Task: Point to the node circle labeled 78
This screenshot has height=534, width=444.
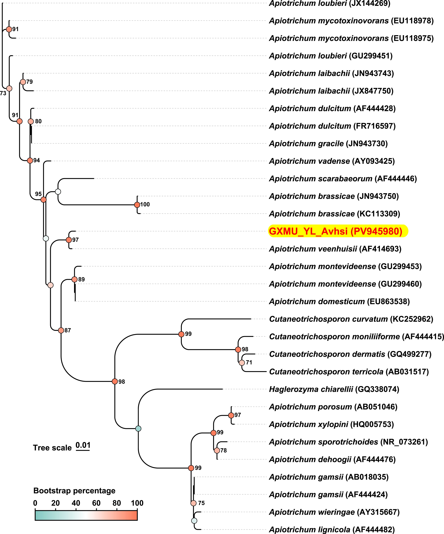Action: pos(217,450)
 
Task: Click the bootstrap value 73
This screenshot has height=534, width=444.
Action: pos(3,93)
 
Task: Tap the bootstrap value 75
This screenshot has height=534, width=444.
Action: pos(201,503)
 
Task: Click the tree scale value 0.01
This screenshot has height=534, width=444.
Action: pos(83,445)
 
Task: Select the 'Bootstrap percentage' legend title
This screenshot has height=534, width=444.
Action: pos(74,491)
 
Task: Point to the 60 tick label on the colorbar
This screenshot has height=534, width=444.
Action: pos(96,503)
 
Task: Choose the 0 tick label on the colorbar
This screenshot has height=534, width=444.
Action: pos(35,503)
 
